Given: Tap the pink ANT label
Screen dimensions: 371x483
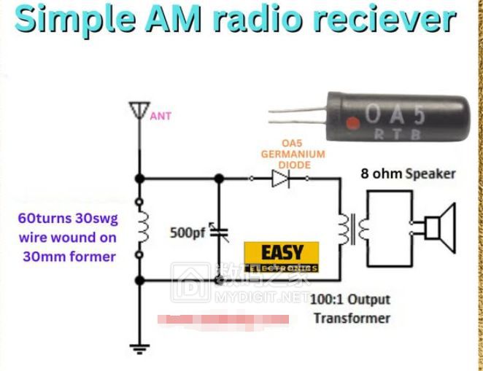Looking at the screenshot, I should pyautogui.click(x=161, y=116).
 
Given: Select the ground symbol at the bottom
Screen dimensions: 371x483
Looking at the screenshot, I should pyautogui.click(x=137, y=348).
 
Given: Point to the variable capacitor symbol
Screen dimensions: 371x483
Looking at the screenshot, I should pyautogui.click(x=219, y=233).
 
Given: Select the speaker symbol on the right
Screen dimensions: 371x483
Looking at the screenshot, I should pyautogui.click(x=437, y=224).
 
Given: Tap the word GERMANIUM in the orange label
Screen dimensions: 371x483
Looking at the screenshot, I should pyautogui.click(x=293, y=155).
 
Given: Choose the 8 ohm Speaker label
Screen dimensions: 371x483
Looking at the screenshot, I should pyautogui.click(x=409, y=174).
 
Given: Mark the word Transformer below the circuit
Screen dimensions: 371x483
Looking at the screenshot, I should pyautogui.click(x=352, y=318).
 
